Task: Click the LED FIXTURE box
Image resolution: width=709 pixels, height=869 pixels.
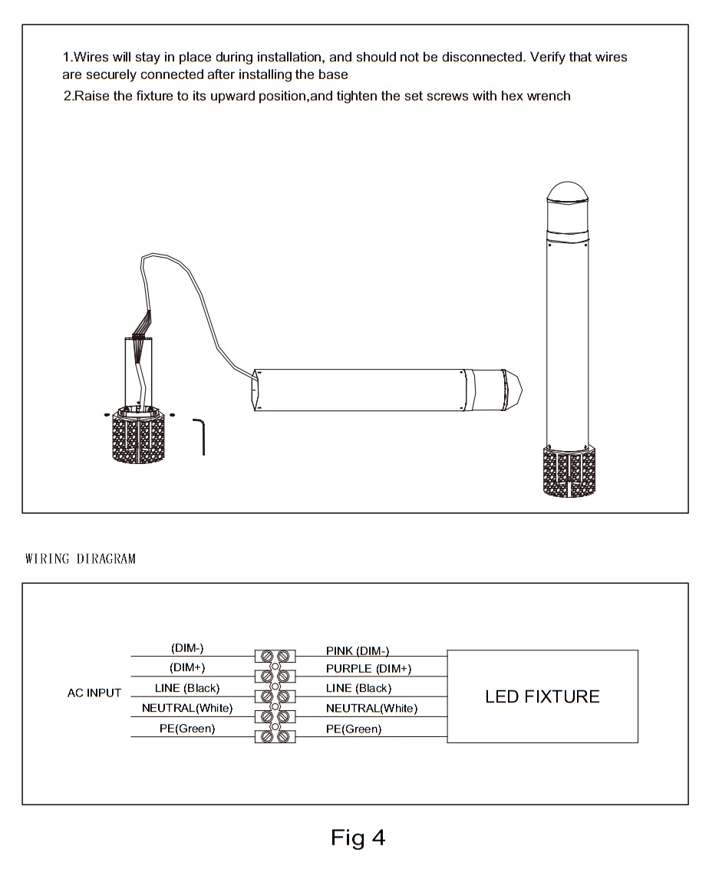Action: [542, 696]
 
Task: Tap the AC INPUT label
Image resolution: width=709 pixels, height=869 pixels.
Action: [94, 693]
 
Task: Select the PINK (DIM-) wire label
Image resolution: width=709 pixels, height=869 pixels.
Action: [358, 650]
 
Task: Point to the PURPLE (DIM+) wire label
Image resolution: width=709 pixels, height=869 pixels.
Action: [368, 669]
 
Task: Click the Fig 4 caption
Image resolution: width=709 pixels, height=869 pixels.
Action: [358, 838]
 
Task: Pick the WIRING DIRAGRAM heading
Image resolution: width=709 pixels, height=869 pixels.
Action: [81, 558]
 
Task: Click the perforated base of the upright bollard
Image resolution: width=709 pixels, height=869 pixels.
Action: [569, 471]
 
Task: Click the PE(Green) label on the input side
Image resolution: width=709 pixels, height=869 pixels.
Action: [187, 729]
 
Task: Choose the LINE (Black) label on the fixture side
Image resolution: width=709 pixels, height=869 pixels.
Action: [358, 688]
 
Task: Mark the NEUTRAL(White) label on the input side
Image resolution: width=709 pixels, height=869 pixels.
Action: [187, 707]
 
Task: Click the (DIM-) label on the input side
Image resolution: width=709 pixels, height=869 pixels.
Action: [187, 648]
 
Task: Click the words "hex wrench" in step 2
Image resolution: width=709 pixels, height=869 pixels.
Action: [536, 97]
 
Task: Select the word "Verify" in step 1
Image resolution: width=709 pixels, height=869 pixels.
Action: [549, 58]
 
